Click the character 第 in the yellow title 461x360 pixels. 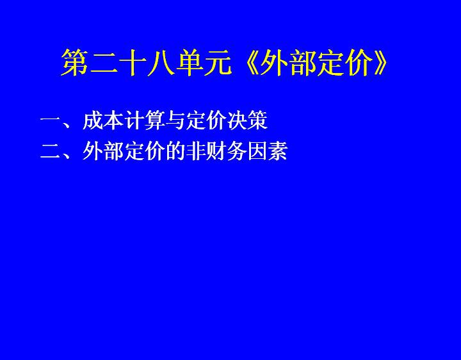click(75, 63)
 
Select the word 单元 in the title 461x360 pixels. click(204, 63)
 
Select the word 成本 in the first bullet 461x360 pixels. click(102, 120)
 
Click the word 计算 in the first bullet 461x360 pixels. click(144, 120)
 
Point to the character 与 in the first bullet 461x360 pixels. click(175, 120)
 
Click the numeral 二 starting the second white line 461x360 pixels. click(51, 151)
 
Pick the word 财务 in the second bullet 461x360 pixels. click(226, 151)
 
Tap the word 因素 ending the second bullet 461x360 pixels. click(267, 151)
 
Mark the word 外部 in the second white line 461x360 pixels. click(102, 151)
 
